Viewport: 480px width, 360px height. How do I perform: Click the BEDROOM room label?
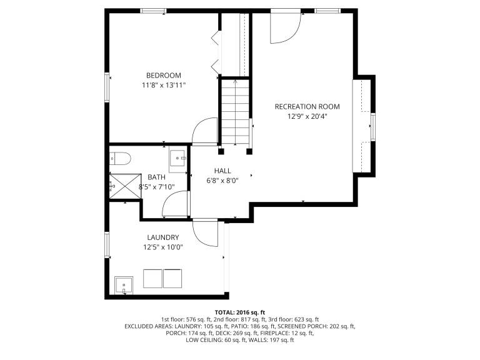coord(164,75)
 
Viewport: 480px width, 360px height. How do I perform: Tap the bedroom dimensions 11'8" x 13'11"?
coord(164,85)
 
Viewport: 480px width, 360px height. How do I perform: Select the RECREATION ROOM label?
coord(307,106)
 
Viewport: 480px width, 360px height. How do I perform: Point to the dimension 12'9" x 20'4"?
coord(307,116)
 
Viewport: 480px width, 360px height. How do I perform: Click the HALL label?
coord(222,171)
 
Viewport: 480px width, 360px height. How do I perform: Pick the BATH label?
coord(156,177)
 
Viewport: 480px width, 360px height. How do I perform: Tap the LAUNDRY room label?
coord(163,237)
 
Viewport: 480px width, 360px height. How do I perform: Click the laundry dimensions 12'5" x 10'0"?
coord(163,247)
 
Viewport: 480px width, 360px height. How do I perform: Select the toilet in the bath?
coord(120,159)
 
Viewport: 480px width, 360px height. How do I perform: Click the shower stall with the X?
coord(125,186)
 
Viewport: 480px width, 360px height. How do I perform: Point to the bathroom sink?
coord(177,158)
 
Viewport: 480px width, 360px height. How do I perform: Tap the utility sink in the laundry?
coord(124,285)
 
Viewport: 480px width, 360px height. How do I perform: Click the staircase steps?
coord(235,112)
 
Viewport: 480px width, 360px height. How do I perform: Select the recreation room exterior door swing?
coord(286,27)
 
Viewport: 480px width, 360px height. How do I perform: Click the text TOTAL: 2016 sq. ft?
coord(240,312)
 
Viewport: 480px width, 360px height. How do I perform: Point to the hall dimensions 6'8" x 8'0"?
coord(222,181)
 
